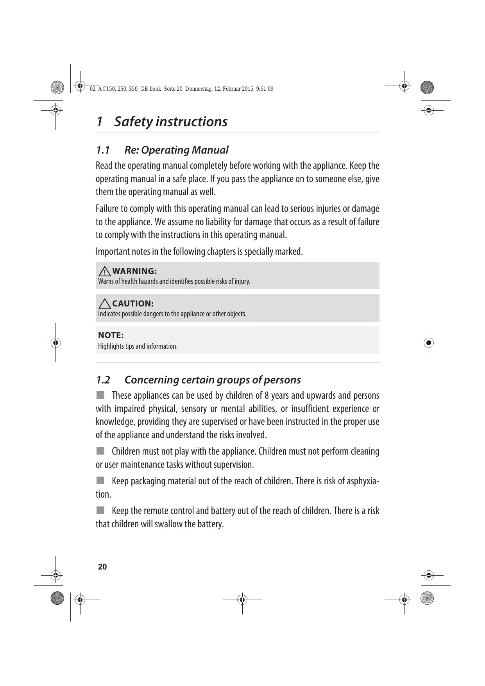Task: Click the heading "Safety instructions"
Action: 170,122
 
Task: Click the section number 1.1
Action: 103,150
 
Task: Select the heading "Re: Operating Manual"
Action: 176,150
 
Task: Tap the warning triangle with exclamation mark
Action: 104,270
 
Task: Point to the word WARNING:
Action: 134,271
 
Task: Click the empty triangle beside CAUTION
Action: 104,303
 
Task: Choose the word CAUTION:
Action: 132,303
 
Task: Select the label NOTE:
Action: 111,335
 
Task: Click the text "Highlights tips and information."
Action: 138,346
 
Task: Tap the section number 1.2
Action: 103,380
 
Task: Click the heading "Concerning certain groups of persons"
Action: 213,380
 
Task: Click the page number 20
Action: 102,567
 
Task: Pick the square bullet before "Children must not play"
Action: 101,451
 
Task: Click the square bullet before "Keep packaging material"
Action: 101,480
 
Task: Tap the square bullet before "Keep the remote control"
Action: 101,510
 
